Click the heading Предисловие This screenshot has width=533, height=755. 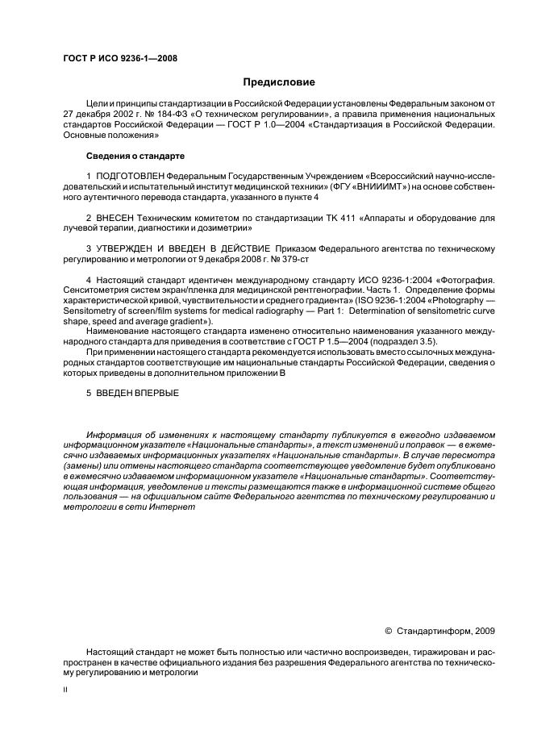click(279, 82)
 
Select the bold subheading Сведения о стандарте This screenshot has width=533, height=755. click(135, 155)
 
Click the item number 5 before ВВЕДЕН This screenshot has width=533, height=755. click(89, 393)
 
